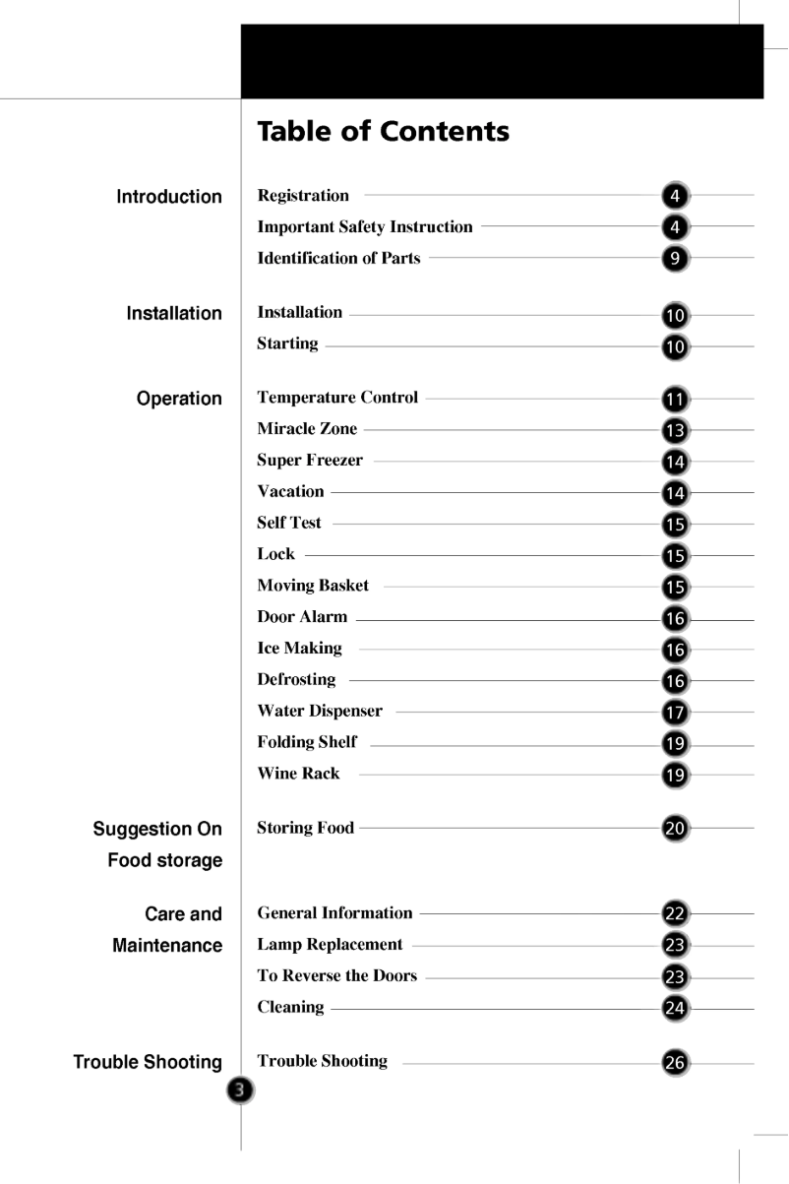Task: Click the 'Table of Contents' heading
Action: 383,131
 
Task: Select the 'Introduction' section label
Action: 169,197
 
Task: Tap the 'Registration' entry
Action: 303,195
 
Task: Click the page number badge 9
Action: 676,258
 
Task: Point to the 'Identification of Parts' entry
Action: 338,258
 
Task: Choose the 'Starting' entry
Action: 287,343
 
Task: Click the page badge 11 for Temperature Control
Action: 676,400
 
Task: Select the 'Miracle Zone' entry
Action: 307,429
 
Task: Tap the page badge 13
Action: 676,430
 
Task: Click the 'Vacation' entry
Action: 290,491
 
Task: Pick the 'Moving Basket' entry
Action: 313,586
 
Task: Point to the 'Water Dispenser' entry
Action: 320,711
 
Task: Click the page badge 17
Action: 676,712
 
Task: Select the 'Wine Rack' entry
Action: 298,774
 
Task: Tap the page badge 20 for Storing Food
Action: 676,829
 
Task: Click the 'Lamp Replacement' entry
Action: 330,945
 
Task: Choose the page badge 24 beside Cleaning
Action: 676,1008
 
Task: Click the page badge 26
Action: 676,1062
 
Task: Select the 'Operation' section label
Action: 179,399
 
